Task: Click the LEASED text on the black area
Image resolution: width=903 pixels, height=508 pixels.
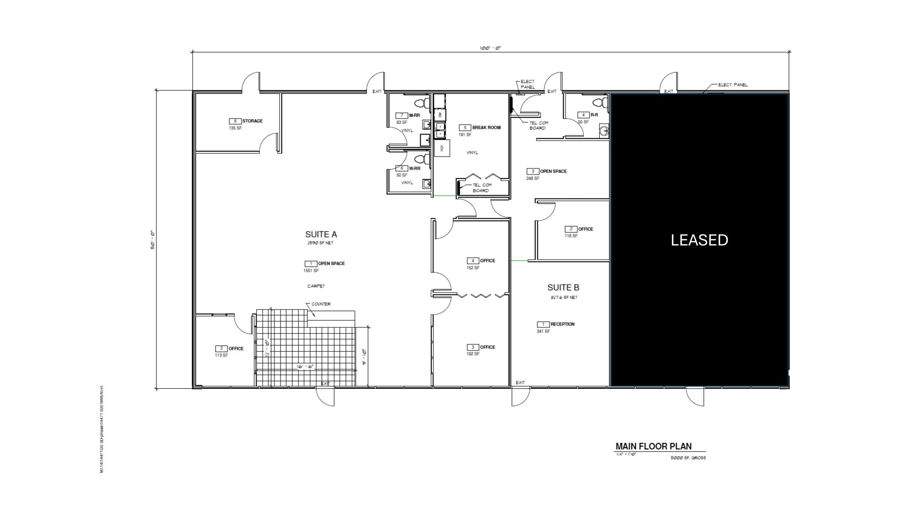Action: [699, 240]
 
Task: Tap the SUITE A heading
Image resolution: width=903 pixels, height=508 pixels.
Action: [321, 234]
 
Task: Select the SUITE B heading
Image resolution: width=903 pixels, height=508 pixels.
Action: [563, 288]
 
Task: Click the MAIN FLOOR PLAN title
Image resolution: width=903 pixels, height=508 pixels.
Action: [653, 446]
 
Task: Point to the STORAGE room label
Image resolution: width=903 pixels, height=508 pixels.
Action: [252, 121]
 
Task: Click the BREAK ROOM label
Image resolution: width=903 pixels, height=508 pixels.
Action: [486, 127]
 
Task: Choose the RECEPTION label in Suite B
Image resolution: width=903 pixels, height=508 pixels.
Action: [562, 324]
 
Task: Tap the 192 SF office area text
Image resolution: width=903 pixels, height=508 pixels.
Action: [473, 354]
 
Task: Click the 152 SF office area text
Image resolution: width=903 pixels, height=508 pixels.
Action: [473, 268]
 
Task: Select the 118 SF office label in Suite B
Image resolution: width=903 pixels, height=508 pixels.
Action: [571, 236]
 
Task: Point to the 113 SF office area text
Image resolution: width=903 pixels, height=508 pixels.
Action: [221, 355]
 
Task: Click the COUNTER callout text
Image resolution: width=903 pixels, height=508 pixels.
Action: [321, 304]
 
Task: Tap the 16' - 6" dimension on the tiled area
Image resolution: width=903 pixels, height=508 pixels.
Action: [305, 367]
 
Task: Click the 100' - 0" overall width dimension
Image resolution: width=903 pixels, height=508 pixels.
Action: [490, 48]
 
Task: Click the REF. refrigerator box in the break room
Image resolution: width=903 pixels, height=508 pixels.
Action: [442, 148]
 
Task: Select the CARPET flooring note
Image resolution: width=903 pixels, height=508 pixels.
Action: [316, 286]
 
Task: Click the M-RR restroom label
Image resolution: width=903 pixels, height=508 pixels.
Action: [414, 116]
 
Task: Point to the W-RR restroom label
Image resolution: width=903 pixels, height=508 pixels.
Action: [414, 168]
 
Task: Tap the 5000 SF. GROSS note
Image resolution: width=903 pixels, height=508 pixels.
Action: [688, 458]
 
